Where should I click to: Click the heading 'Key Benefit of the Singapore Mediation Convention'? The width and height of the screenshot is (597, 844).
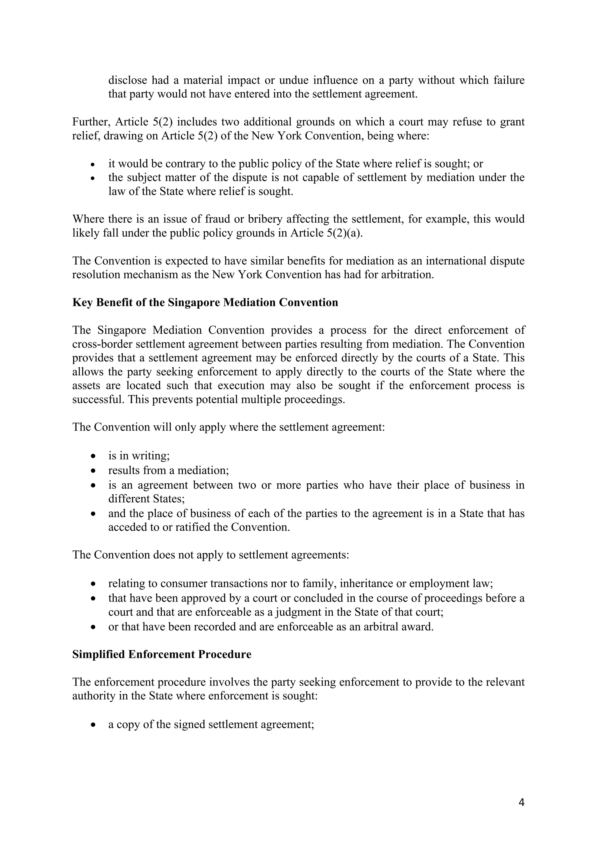click(205, 303)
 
